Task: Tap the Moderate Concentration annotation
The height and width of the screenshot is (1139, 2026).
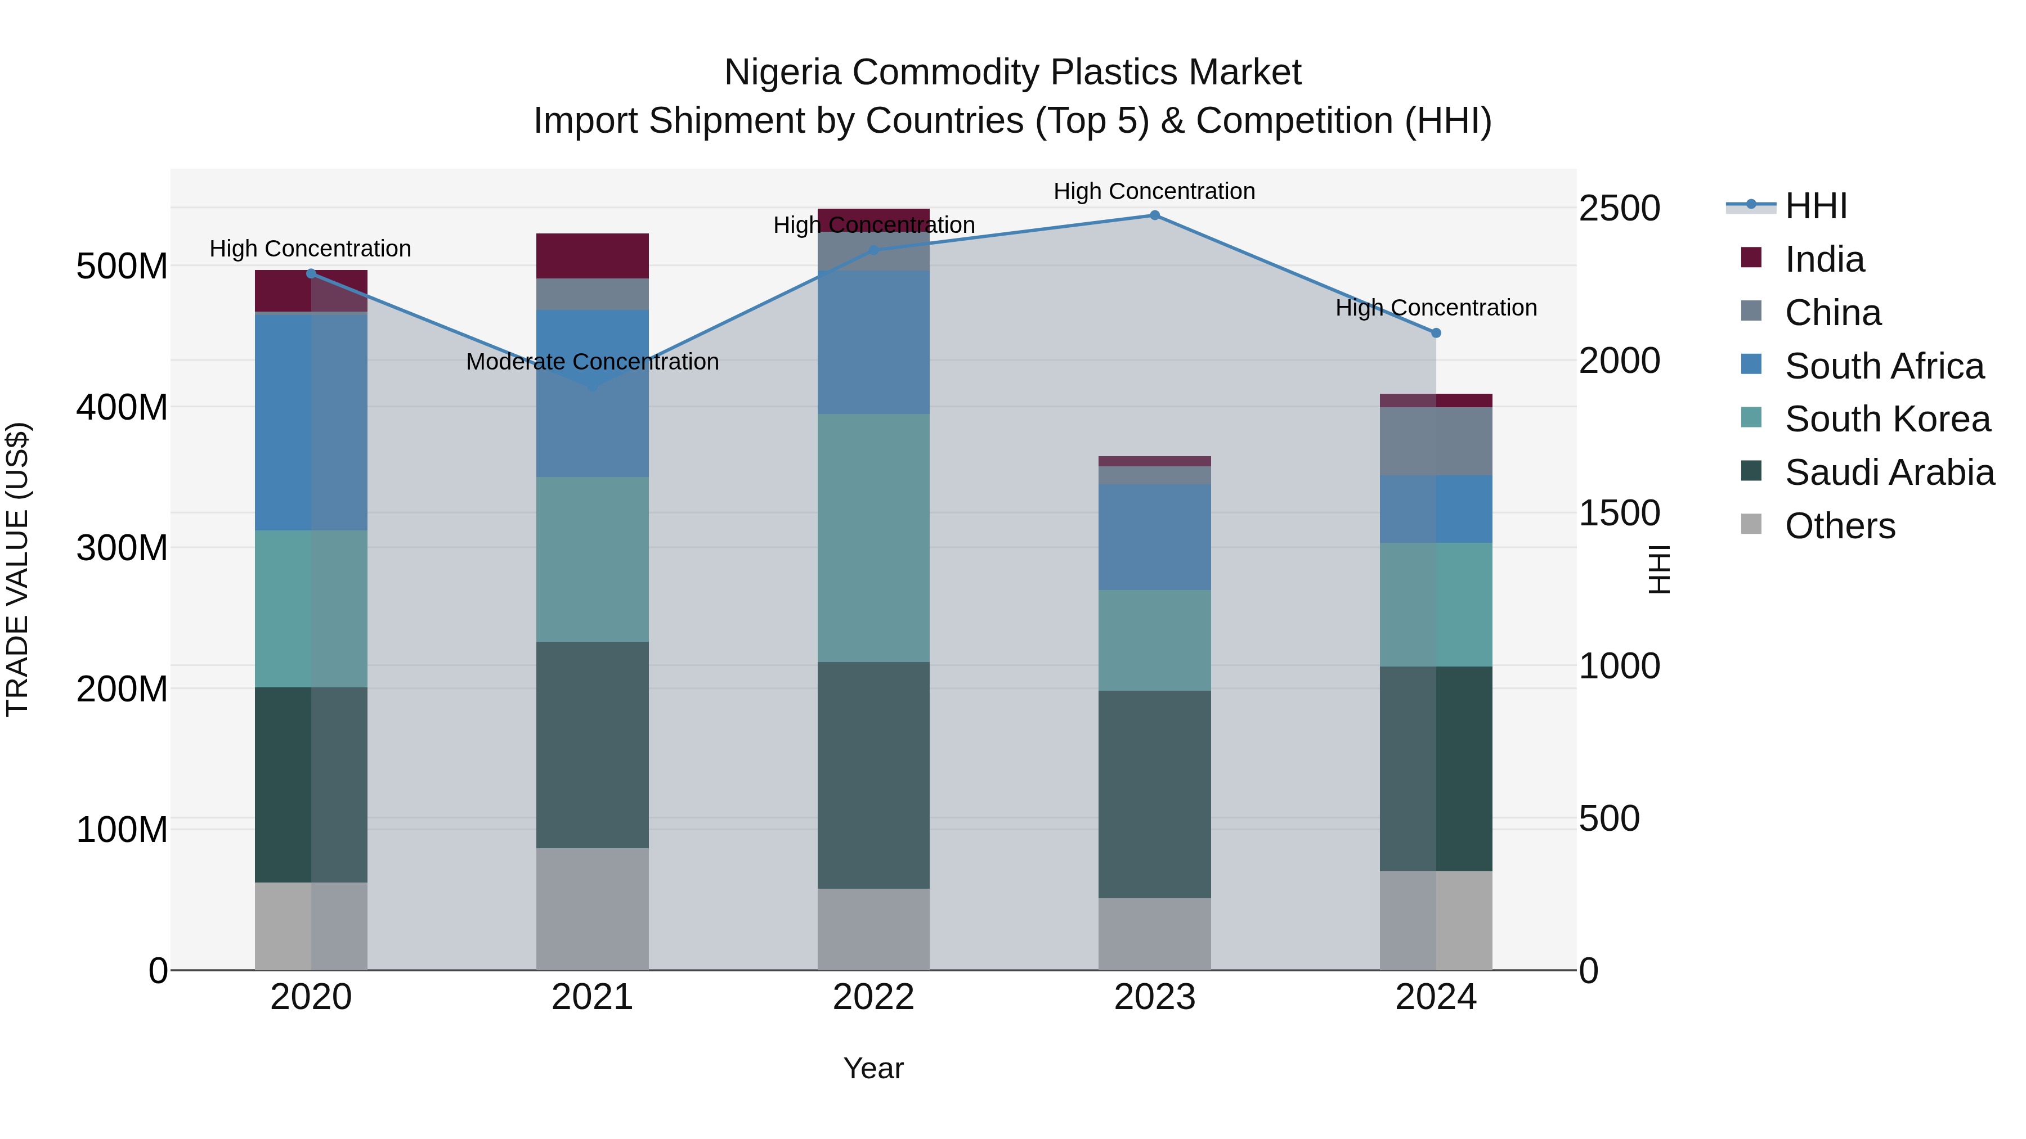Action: pyautogui.click(x=592, y=362)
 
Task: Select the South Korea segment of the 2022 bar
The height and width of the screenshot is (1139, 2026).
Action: pyautogui.click(x=873, y=538)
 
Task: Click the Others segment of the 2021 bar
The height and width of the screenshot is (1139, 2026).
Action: pyautogui.click(x=592, y=909)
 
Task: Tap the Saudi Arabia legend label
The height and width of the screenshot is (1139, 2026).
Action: pyautogui.click(x=1889, y=472)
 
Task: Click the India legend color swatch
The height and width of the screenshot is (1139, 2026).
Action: pyautogui.click(x=1751, y=257)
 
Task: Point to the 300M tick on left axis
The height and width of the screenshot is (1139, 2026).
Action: pyautogui.click(x=122, y=548)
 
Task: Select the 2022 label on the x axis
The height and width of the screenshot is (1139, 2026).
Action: pyautogui.click(x=873, y=997)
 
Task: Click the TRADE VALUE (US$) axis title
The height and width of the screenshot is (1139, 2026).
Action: pyautogui.click(x=17, y=569)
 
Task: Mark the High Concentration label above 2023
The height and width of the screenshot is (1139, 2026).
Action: pyautogui.click(x=1154, y=191)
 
